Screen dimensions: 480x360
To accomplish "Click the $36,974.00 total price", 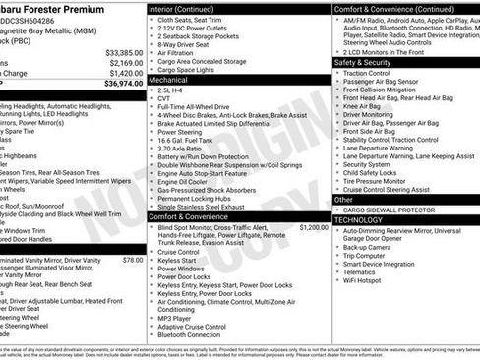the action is pyautogui.click(x=117, y=85).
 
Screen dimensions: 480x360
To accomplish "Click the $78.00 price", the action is pyautogui.click(x=132, y=260).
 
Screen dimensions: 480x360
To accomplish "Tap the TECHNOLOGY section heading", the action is pyautogui.click(x=358, y=220).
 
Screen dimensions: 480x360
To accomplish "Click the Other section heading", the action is pyautogui.click(x=344, y=199).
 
